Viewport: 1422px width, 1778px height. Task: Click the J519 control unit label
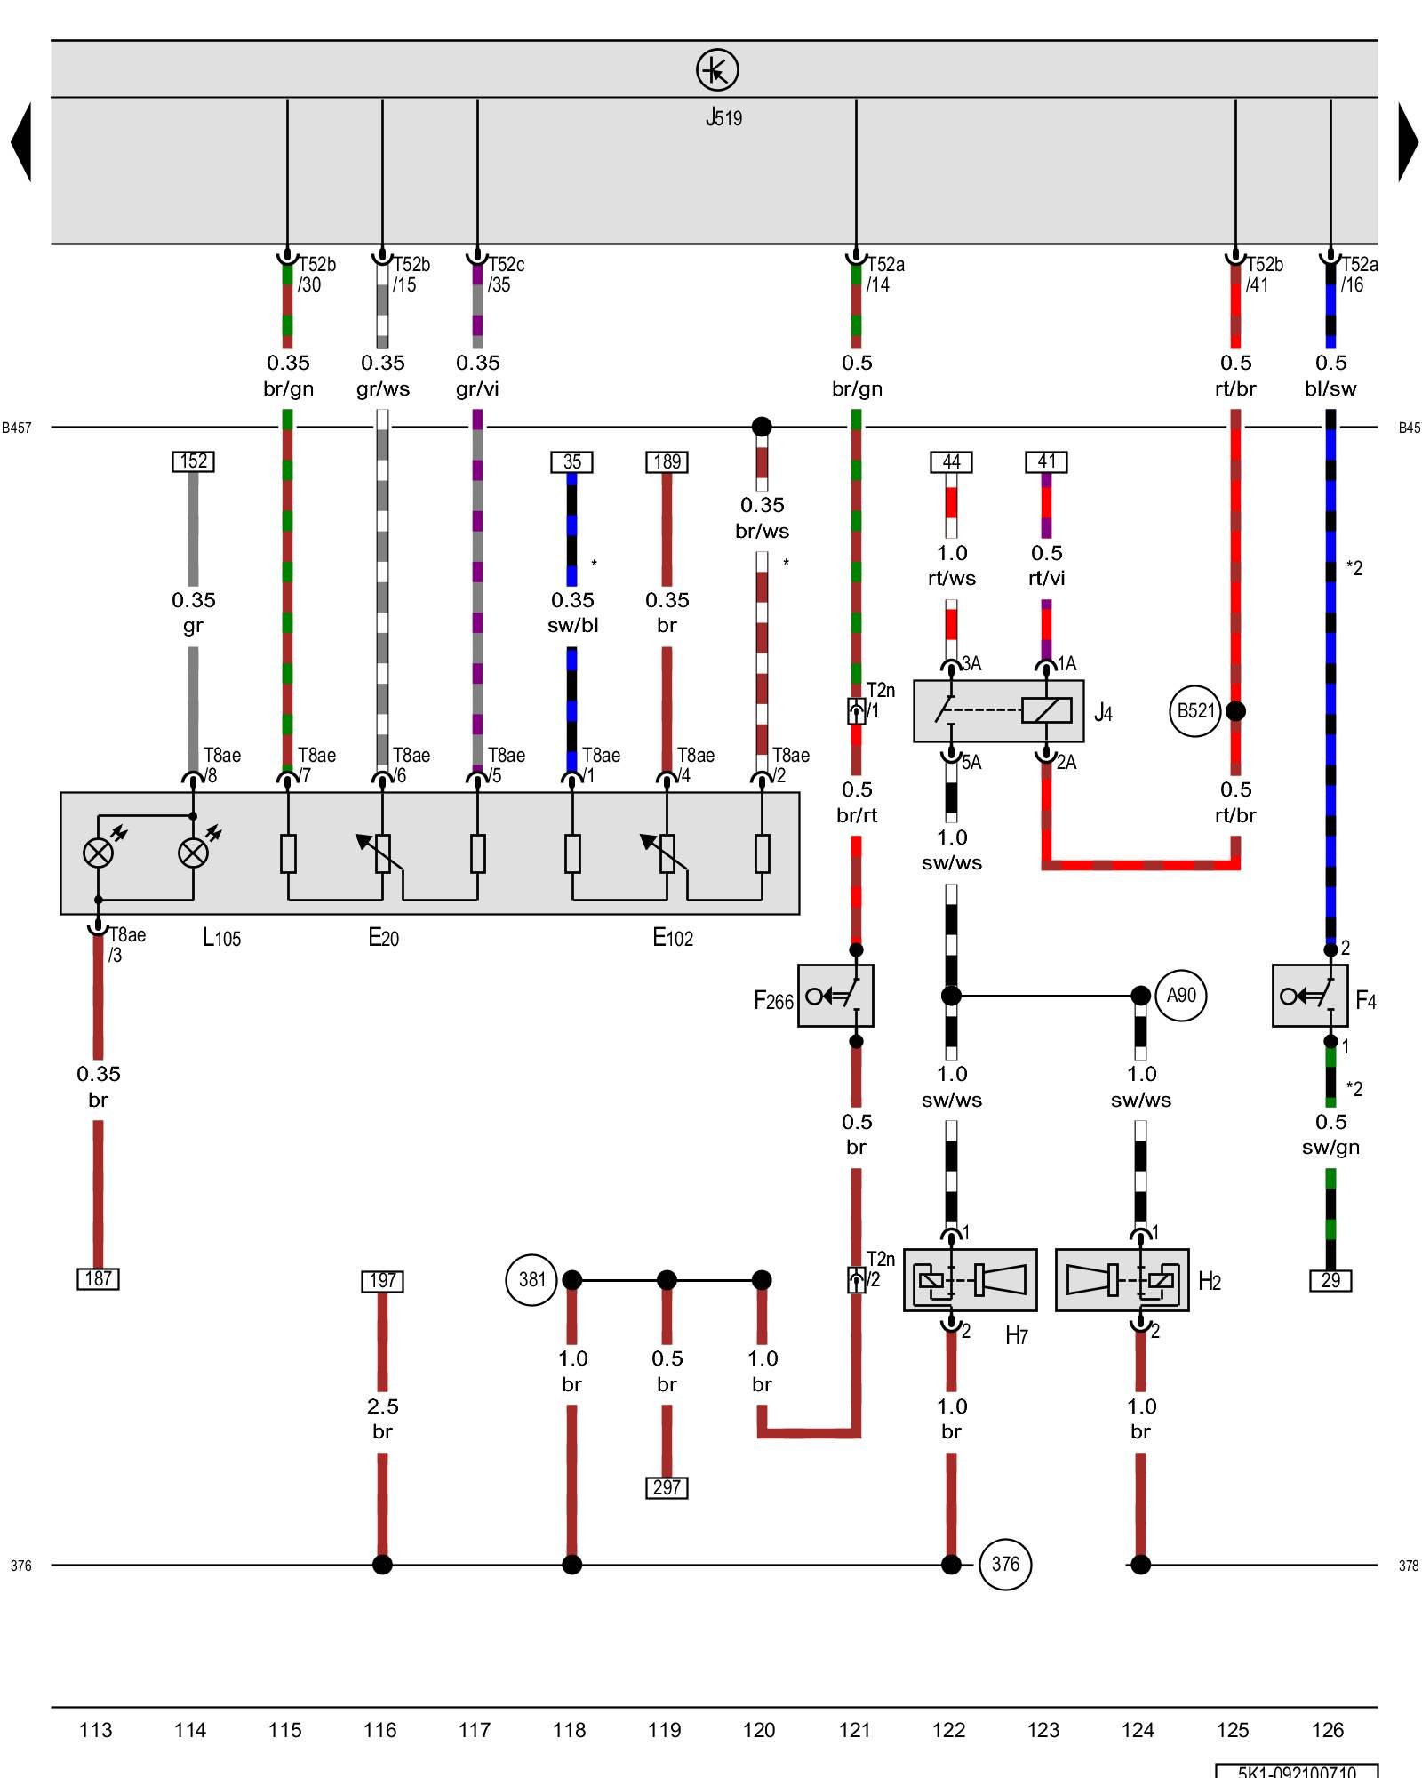tap(723, 117)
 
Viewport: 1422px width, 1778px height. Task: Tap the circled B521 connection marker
tap(1194, 711)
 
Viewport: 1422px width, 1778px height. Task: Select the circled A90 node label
tap(1180, 996)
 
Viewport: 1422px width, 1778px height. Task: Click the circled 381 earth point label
tap(531, 1280)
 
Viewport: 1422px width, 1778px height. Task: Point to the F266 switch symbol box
tap(835, 996)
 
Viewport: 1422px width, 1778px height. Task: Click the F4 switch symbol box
tap(1310, 996)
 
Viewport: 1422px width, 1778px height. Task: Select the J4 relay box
tap(998, 711)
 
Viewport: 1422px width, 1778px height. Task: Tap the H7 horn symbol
tap(970, 1280)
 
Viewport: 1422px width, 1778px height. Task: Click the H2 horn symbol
tap(1122, 1280)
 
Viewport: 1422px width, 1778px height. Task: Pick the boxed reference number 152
tap(193, 461)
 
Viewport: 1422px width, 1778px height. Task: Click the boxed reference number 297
tap(667, 1487)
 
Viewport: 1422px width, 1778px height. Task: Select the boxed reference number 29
tap(1330, 1280)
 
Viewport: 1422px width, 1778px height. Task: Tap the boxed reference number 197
tap(382, 1281)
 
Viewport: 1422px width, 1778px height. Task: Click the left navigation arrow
tap(21, 142)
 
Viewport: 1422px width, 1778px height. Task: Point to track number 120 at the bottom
tap(759, 1730)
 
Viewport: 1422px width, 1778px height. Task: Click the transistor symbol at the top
tap(716, 69)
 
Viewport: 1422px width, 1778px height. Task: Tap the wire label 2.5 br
tap(382, 1418)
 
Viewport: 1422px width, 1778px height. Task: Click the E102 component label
tap(673, 937)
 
